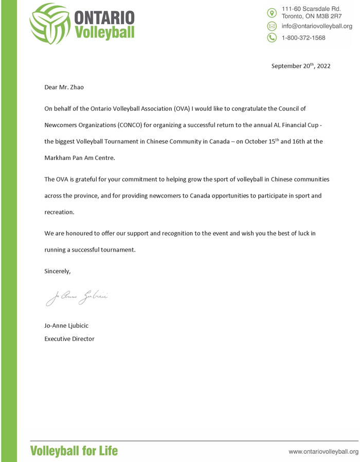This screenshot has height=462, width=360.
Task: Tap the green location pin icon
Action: point(272,12)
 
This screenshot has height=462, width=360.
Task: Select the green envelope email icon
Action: point(272,26)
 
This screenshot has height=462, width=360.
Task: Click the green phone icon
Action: point(272,38)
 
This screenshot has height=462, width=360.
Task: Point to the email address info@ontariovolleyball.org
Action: point(316,26)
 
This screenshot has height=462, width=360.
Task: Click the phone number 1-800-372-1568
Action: point(303,38)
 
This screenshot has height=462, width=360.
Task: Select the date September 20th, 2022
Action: point(301,66)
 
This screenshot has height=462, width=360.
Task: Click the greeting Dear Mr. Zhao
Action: point(64,87)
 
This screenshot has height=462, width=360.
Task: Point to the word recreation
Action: point(59,211)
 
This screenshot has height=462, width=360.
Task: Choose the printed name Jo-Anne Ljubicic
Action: point(69,326)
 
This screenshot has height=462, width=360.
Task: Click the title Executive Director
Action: point(69,339)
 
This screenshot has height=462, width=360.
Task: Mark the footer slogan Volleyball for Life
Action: point(74,451)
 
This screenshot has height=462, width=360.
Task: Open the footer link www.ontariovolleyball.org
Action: point(323,452)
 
